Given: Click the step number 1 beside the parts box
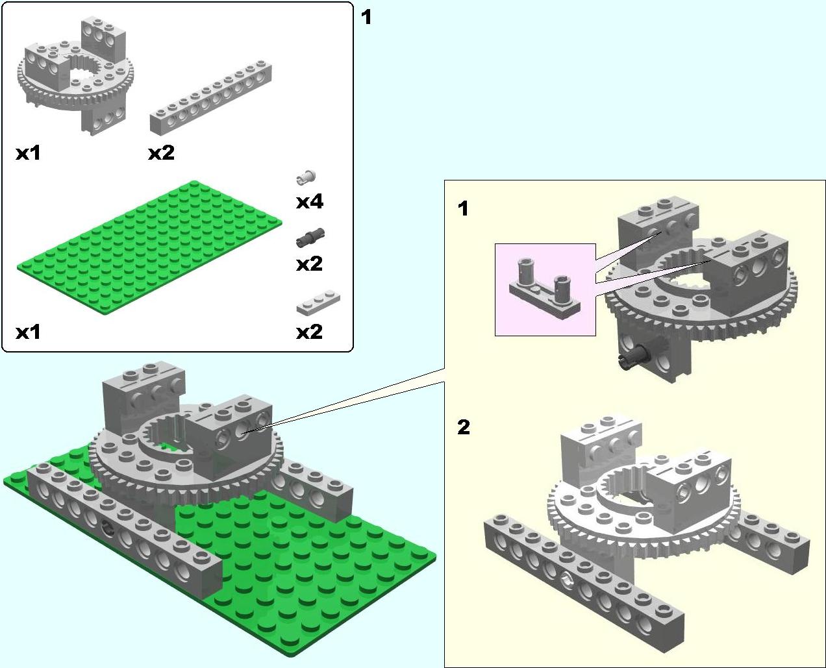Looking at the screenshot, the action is [366, 18].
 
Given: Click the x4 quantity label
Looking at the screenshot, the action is [310, 202].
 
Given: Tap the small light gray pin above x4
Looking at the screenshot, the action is [306, 177].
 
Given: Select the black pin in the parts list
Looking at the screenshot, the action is [310, 237].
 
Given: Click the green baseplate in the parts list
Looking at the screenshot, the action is [149, 247].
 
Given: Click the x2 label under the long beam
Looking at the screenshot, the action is [161, 153].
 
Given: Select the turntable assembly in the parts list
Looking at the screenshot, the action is [75, 75].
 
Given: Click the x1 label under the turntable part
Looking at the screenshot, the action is [28, 153].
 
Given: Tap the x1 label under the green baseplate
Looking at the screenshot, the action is [28, 332].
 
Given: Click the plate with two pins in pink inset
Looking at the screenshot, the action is [544, 288].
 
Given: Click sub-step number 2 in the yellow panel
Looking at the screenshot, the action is [464, 427].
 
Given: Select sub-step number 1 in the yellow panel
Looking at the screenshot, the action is [463, 208].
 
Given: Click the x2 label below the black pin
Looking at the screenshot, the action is [310, 264].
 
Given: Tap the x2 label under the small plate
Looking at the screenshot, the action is [310, 332].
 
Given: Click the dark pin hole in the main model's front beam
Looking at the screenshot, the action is [107, 527].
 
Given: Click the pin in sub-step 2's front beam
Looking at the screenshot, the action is [567, 580].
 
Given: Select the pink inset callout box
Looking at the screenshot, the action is [545, 290].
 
